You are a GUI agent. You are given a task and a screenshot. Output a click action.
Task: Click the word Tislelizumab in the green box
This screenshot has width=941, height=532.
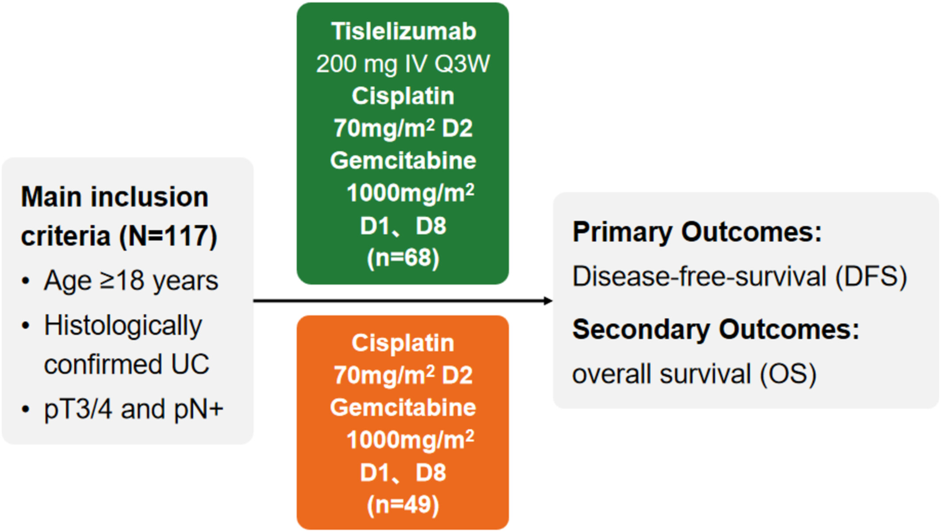click(x=404, y=31)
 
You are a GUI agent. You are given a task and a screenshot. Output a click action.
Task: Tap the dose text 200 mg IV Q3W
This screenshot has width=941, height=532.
click(x=403, y=64)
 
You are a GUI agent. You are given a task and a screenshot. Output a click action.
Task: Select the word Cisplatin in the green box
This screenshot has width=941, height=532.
click(x=403, y=96)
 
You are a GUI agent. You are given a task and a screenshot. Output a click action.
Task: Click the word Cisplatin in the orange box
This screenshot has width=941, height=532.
click(x=403, y=343)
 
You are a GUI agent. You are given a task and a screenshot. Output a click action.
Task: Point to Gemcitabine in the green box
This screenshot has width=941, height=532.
click(x=403, y=160)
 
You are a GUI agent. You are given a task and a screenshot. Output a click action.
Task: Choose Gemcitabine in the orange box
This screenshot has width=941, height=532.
click(x=403, y=407)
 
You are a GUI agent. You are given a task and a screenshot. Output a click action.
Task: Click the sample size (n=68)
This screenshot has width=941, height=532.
click(x=403, y=258)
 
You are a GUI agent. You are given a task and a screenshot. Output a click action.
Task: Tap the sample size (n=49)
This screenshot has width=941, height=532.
click(x=403, y=505)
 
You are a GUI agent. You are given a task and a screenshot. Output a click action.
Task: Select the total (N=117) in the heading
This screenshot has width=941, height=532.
click(x=168, y=236)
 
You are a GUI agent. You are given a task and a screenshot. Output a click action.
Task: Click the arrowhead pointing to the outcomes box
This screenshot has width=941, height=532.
click(x=548, y=301)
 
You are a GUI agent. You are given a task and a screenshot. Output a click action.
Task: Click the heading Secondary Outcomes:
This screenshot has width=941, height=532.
click(x=716, y=329)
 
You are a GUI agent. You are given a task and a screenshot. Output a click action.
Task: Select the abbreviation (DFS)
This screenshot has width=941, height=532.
click(x=871, y=277)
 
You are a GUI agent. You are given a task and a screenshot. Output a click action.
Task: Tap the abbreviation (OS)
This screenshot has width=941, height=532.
click(x=788, y=374)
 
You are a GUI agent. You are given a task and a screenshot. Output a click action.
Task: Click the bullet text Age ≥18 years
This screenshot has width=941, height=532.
click(x=131, y=281)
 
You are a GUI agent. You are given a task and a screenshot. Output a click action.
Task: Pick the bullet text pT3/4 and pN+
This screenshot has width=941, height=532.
click(x=134, y=409)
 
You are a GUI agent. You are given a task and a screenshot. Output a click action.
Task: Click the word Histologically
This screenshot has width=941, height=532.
click(x=123, y=326)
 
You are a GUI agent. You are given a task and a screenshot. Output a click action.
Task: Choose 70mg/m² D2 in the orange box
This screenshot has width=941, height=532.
click(x=403, y=375)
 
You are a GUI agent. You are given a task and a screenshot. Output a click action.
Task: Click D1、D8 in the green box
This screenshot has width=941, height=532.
click(x=403, y=226)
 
